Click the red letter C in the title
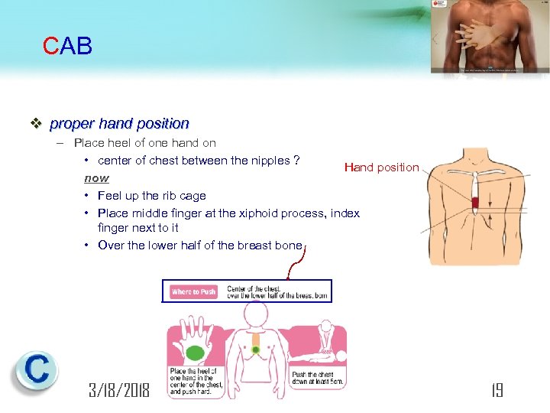pos(50,47)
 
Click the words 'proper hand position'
pos(119,123)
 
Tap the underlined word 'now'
pos(96,177)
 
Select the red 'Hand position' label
pos(381,167)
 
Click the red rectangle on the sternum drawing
pos(474,203)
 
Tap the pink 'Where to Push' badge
pos(194,291)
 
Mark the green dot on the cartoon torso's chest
pos(256,350)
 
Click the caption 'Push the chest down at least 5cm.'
pos(318,378)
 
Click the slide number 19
pos(496,391)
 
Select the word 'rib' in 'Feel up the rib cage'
pos(169,196)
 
